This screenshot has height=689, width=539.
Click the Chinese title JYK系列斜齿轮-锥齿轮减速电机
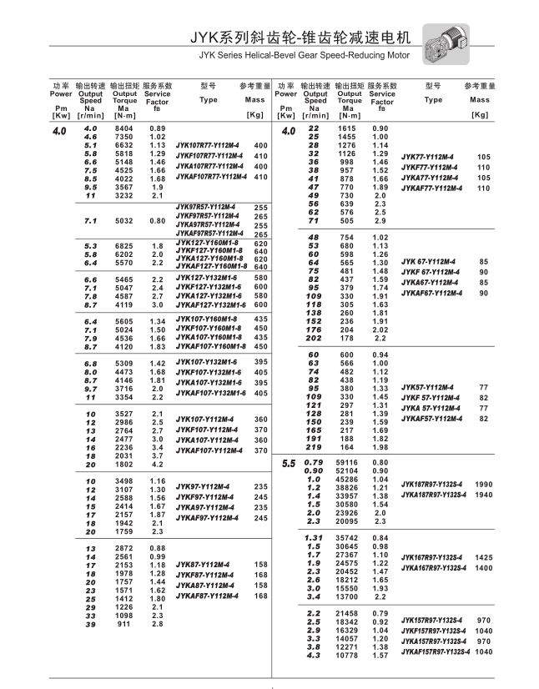pyautogui.click(x=300, y=38)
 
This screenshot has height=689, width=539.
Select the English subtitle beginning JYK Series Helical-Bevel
pyautogui.click(x=305, y=57)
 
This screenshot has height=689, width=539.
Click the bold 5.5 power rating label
pyautogui.click(x=289, y=463)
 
